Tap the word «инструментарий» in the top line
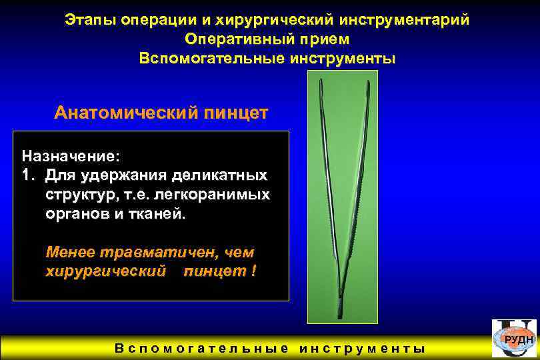[407, 20]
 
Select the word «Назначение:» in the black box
[71, 157]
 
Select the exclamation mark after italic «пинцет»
[254, 273]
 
